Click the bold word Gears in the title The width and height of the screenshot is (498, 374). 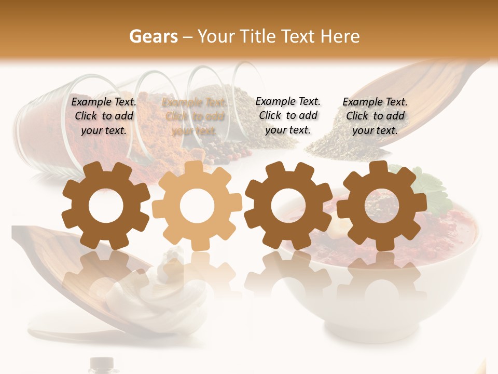(x=153, y=36)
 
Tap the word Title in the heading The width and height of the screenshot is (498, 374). (x=258, y=36)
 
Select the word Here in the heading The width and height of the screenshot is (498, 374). (x=340, y=36)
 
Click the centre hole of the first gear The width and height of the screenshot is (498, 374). (x=106, y=206)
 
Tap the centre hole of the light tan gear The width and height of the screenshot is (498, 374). (x=197, y=206)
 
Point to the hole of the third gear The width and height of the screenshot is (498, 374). (x=288, y=206)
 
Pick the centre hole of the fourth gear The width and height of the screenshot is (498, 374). (x=381, y=205)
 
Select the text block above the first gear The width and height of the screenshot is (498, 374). (x=104, y=116)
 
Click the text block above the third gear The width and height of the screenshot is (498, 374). (x=288, y=115)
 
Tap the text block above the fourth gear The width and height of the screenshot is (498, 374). (x=375, y=116)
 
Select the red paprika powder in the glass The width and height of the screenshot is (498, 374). (x=47, y=130)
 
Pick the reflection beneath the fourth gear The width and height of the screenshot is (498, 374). (x=382, y=275)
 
